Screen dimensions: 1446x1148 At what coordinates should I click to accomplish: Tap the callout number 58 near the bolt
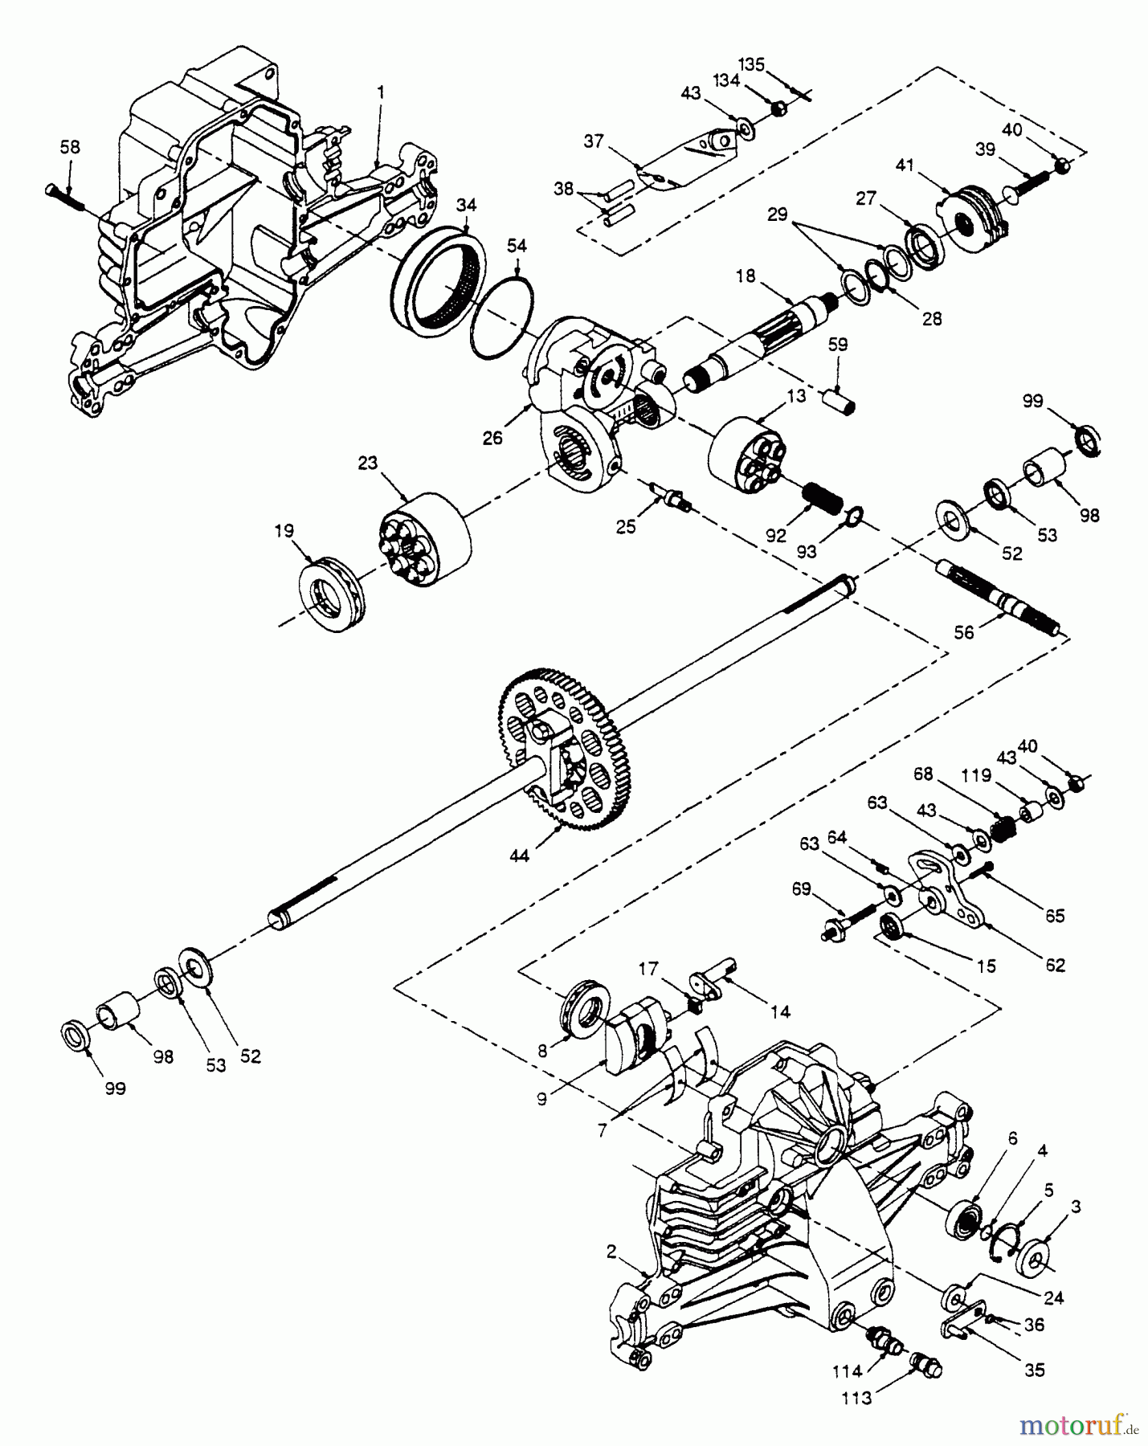point(70,148)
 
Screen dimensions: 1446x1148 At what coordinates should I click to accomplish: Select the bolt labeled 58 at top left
point(63,194)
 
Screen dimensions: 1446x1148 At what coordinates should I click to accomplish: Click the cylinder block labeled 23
point(427,535)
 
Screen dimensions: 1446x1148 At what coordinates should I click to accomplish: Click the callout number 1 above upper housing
point(380,92)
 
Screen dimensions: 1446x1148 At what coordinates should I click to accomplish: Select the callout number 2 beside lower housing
point(612,1251)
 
